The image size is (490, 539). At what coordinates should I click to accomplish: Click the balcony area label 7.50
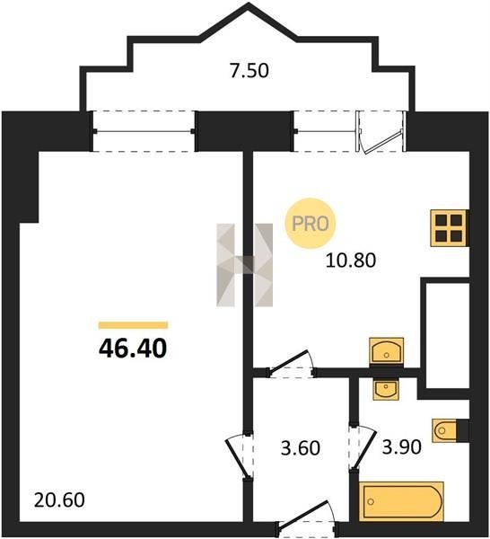[x=249, y=71]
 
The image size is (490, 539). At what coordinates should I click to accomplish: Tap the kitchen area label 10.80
[x=351, y=261]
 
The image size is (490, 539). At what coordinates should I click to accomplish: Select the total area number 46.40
[x=133, y=349]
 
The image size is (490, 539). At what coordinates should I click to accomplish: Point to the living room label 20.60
[x=59, y=500]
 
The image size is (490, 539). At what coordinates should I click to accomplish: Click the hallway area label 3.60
[x=301, y=448]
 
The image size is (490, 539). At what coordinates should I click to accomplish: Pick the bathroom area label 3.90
[x=402, y=447]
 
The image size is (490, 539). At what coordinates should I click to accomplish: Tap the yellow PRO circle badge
[x=311, y=224]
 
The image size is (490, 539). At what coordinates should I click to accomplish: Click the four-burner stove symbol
[x=450, y=228]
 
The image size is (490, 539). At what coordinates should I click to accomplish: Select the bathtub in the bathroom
[x=401, y=501]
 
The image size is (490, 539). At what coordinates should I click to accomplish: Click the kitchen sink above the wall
[x=386, y=350]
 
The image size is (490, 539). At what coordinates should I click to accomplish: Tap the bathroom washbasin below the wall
[x=386, y=389]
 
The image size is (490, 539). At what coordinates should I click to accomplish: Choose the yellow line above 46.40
[x=133, y=325]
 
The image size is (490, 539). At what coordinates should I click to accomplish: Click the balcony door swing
[x=381, y=131]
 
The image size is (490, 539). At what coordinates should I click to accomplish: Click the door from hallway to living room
[x=240, y=455]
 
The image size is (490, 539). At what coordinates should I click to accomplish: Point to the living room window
[x=144, y=131]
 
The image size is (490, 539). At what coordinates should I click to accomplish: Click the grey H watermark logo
[x=244, y=265]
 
